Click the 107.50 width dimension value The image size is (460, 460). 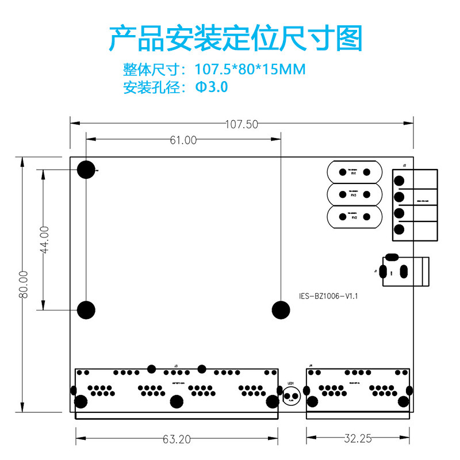[241, 124]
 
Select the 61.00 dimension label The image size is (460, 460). [183, 140]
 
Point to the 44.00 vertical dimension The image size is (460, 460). [44, 239]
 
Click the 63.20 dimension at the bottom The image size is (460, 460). [176, 439]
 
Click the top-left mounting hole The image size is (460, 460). [86, 169]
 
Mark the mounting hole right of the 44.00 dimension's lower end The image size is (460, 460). [86, 310]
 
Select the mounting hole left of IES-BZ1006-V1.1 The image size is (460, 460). [281, 310]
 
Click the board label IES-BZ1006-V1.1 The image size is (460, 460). [329, 296]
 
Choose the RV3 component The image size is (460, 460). [354, 194]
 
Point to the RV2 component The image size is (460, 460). [354, 217]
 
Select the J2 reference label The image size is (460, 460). [404, 166]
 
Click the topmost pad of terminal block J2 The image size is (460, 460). [400, 180]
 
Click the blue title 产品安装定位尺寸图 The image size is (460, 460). [236, 39]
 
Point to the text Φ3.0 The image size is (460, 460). [212, 88]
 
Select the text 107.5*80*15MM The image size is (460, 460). [250, 70]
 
